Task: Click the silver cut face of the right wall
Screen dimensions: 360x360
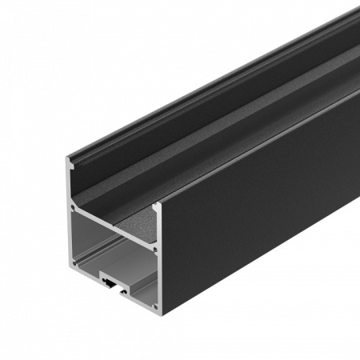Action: [159, 256]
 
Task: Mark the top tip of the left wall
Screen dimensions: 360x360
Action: [66, 158]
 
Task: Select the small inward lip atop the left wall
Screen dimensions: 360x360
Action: [73, 166]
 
